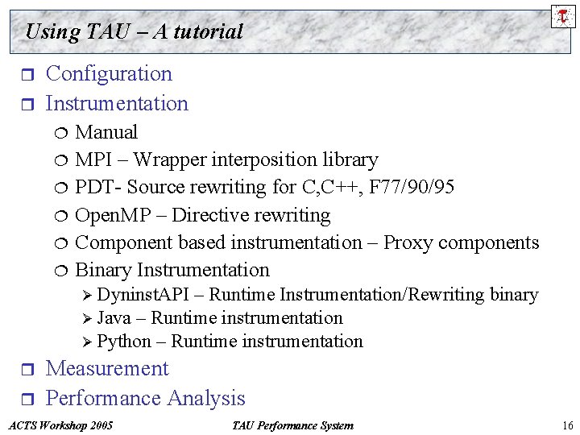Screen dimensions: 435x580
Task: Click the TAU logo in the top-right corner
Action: tap(563, 16)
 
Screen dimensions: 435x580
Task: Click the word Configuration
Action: tap(109, 74)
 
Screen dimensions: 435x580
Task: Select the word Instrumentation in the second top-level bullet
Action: tap(117, 103)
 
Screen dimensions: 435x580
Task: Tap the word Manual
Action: tap(106, 132)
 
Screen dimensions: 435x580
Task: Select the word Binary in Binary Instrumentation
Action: tap(103, 270)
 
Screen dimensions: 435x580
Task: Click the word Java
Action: tap(114, 318)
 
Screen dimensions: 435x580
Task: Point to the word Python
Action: tap(123, 342)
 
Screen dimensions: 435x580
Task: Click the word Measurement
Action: tap(107, 369)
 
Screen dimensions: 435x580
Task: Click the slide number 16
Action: tap(567, 425)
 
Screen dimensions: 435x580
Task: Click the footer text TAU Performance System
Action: tap(292, 425)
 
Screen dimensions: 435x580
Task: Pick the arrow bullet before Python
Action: tap(88, 342)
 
